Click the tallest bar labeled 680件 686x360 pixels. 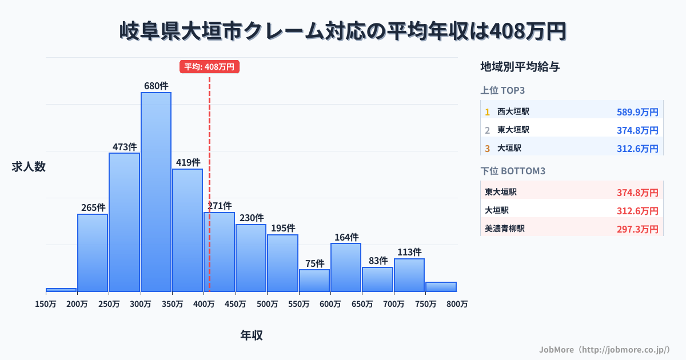pyautogui.click(x=156, y=191)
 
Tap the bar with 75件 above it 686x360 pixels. pyautogui.click(x=314, y=280)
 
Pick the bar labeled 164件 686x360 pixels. pyautogui.click(x=346, y=267)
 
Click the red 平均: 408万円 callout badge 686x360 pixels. pyautogui.click(x=209, y=67)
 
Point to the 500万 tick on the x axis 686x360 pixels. pyautogui.click(x=268, y=305)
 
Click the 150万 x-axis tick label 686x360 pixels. pyautogui.click(x=46, y=305)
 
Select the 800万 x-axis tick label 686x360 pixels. pyautogui.click(x=457, y=305)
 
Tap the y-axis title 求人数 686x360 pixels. pyautogui.click(x=29, y=167)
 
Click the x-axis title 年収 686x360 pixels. pyautogui.click(x=252, y=335)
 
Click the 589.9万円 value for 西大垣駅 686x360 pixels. pyautogui.click(x=637, y=112)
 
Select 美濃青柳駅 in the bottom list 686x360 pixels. pyautogui.click(x=505, y=229)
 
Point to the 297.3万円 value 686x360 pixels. pyautogui.click(x=637, y=229)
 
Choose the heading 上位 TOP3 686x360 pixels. pyautogui.click(x=503, y=90)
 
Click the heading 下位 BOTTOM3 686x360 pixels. pyautogui.click(x=513, y=171)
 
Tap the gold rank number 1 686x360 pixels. pyautogui.click(x=487, y=112)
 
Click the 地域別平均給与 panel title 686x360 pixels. pyautogui.click(x=520, y=67)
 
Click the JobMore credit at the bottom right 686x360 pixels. pyautogui.click(x=604, y=349)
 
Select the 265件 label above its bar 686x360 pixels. pyautogui.click(x=93, y=207)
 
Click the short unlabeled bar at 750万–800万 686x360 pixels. pyautogui.click(x=441, y=286)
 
